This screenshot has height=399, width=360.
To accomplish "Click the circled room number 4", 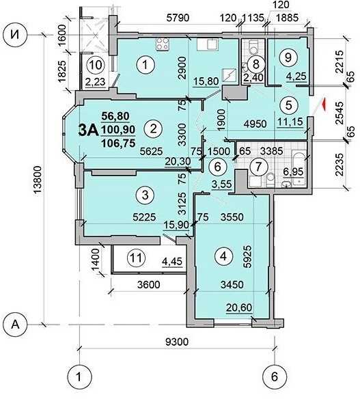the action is point(223,256).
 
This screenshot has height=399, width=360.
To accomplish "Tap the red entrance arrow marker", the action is point(323,105).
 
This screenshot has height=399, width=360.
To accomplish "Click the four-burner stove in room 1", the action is point(163,44).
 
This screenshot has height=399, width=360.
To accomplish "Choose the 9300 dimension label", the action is point(177,342).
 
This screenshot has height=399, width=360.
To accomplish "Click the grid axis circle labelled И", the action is point(16,35).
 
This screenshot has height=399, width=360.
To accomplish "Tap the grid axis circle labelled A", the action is point(15,325).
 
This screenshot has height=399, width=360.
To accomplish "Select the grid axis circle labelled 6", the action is point(275,376).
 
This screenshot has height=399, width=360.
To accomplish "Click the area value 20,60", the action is point(239,307).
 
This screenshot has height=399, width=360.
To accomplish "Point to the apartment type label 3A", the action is point(88,130).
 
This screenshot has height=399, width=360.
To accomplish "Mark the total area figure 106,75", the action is point(118,143).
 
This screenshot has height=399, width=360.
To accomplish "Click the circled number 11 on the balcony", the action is point(136,258).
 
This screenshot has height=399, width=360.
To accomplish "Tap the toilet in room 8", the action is point(253,48).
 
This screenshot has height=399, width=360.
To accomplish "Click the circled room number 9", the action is point(288,57).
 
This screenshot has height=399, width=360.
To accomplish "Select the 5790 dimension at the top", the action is point(178,18).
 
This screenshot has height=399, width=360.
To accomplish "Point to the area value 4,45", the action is point(173,262).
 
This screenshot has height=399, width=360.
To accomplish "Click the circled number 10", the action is point(96,65).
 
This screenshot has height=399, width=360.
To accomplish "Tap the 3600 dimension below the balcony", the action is point(149,284).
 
